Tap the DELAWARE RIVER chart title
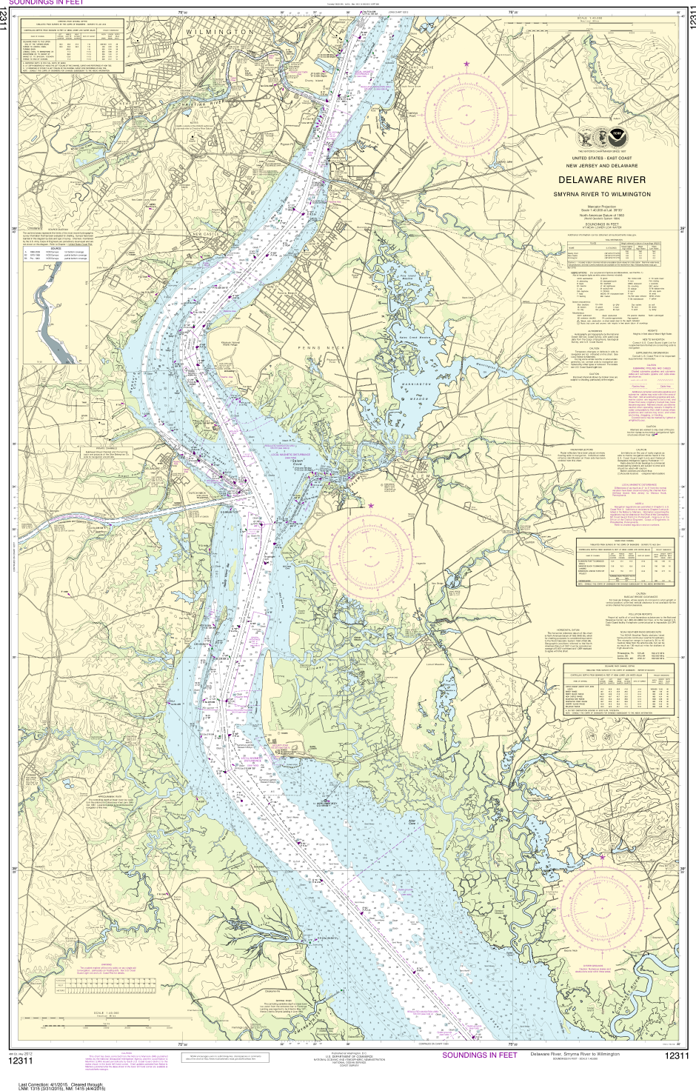click(x=600, y=179)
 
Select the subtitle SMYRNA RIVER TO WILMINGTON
click(x=600, y=193)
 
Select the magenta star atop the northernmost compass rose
click(x=466, y=64)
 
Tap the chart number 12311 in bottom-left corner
click(x=22, y=1061)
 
